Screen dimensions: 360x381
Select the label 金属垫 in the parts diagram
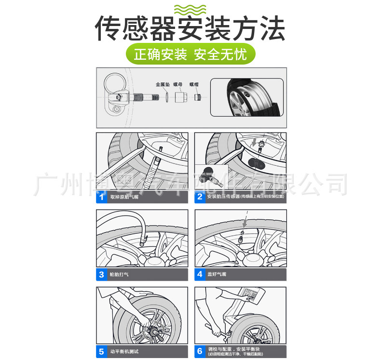163,84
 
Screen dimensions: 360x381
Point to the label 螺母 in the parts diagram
178,84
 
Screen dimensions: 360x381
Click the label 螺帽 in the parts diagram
194,84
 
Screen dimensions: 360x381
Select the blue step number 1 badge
102,197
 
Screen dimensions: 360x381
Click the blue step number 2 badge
200,197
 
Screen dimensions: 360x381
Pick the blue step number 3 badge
102,275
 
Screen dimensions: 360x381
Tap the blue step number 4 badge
200,275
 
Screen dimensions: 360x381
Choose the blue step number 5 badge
102,351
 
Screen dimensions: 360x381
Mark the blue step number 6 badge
200,351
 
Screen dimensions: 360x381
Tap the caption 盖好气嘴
218,275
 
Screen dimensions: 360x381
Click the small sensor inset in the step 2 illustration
210,176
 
